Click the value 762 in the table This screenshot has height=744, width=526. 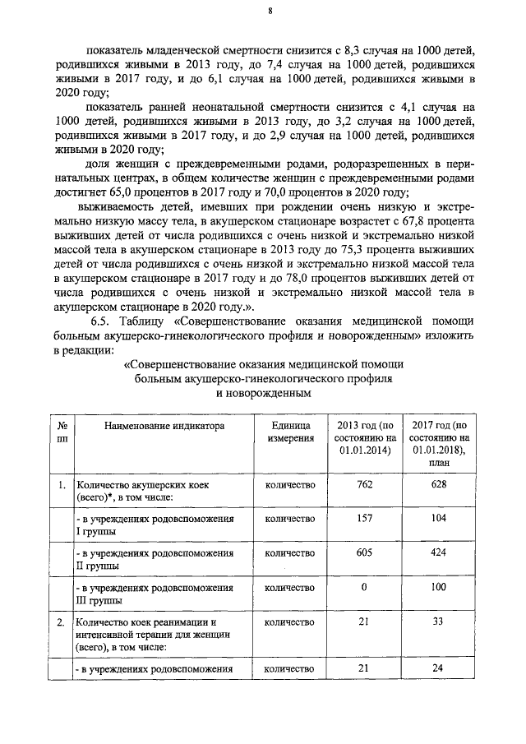pyautogui.click(x=366, y=485)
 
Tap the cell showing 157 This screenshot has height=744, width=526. pyautogui.click(x=366, y=519)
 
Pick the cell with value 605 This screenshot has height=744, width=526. pyautogui.click(x=366, y=554)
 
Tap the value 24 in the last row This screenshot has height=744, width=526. pyautogui.click(x=437, y=669)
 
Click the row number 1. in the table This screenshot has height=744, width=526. pyautogui.click(x=62, y=485)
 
